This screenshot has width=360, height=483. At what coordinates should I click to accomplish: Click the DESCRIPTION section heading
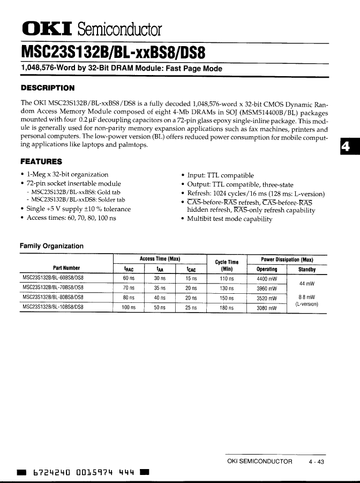[x=47, y=88]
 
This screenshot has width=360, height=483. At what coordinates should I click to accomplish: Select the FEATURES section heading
[x=41, y=161]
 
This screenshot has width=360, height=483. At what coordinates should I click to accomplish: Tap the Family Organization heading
[x=51, y=246]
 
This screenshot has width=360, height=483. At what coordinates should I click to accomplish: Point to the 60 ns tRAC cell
[x=129, y=279]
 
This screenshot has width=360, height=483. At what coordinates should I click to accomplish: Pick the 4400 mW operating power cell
[x=267, y=279]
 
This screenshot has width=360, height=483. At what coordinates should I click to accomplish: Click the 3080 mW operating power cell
[x=267, y=308]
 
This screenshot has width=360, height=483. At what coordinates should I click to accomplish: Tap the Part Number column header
[x=66, y=268]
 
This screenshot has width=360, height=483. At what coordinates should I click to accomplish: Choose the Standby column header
[x=307, y=269]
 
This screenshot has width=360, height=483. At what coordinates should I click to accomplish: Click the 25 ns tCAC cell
[x=191, y=308]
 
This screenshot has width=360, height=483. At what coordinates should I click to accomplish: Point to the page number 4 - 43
[x=317, y=462]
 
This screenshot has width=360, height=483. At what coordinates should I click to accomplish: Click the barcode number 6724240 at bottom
[x=51, y=473]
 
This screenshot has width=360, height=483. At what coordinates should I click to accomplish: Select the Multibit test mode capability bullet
[x=229, y=219]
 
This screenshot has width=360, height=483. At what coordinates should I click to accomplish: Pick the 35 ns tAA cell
[x=160, y=288]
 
